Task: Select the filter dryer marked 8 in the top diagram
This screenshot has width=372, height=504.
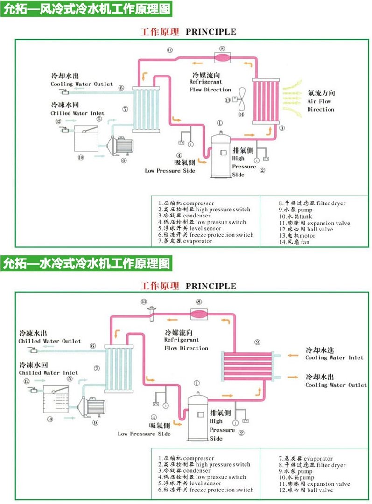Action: pos(222,57)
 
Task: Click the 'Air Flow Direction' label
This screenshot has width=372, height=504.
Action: pos(321,101)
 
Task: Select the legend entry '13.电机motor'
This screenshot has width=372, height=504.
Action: pos(297,236)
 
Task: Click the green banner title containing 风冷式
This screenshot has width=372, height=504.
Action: pos(85,8)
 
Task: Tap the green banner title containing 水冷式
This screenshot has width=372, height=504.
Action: pos(85,263)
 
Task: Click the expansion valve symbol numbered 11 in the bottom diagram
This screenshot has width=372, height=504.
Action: pos(151,313)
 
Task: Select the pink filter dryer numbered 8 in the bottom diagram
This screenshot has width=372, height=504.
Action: pos(199,314)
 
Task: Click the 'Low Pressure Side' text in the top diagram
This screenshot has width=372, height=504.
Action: pos(170,171)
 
